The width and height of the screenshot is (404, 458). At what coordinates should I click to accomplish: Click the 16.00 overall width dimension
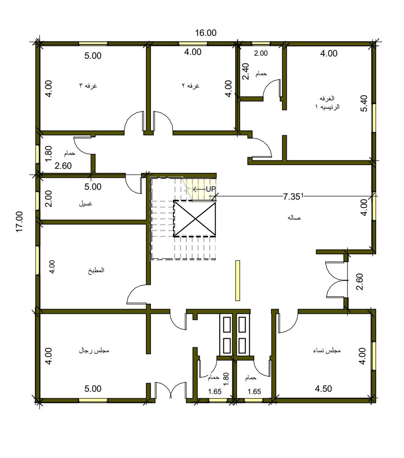[205, 33]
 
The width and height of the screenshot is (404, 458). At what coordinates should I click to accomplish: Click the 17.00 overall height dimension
[19, 221]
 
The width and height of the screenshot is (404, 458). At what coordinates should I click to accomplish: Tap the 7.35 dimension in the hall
[292, 197]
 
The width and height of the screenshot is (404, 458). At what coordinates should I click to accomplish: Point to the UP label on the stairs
[211, 189]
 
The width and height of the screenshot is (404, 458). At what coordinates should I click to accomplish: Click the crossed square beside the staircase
[195, 219]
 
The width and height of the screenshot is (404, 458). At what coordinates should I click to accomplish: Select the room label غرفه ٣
[88, 86]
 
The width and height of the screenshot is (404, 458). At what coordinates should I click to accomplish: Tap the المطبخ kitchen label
[96, 270]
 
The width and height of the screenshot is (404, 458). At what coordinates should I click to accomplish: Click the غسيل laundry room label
[85, 204]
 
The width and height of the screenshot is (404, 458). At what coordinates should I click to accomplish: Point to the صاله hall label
[294, 218]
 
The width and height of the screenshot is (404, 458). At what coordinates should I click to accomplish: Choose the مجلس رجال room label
[94, 351]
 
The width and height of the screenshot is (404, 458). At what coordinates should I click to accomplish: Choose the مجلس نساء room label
[327, 351]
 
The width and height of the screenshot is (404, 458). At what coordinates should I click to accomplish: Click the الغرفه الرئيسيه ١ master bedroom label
[327, 103]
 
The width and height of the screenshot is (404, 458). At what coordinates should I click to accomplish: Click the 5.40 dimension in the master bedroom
[364, 103]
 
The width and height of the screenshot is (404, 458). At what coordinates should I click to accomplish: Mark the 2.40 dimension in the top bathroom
[246, 71]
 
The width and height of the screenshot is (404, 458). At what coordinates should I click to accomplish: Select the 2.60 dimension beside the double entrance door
[359, 282]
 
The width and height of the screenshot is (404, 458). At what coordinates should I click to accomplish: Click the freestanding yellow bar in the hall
[238, 281]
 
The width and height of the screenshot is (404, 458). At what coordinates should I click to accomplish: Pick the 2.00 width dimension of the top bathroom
[260, 53]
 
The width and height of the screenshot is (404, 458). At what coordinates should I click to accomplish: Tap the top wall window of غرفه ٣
[93, 44]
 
